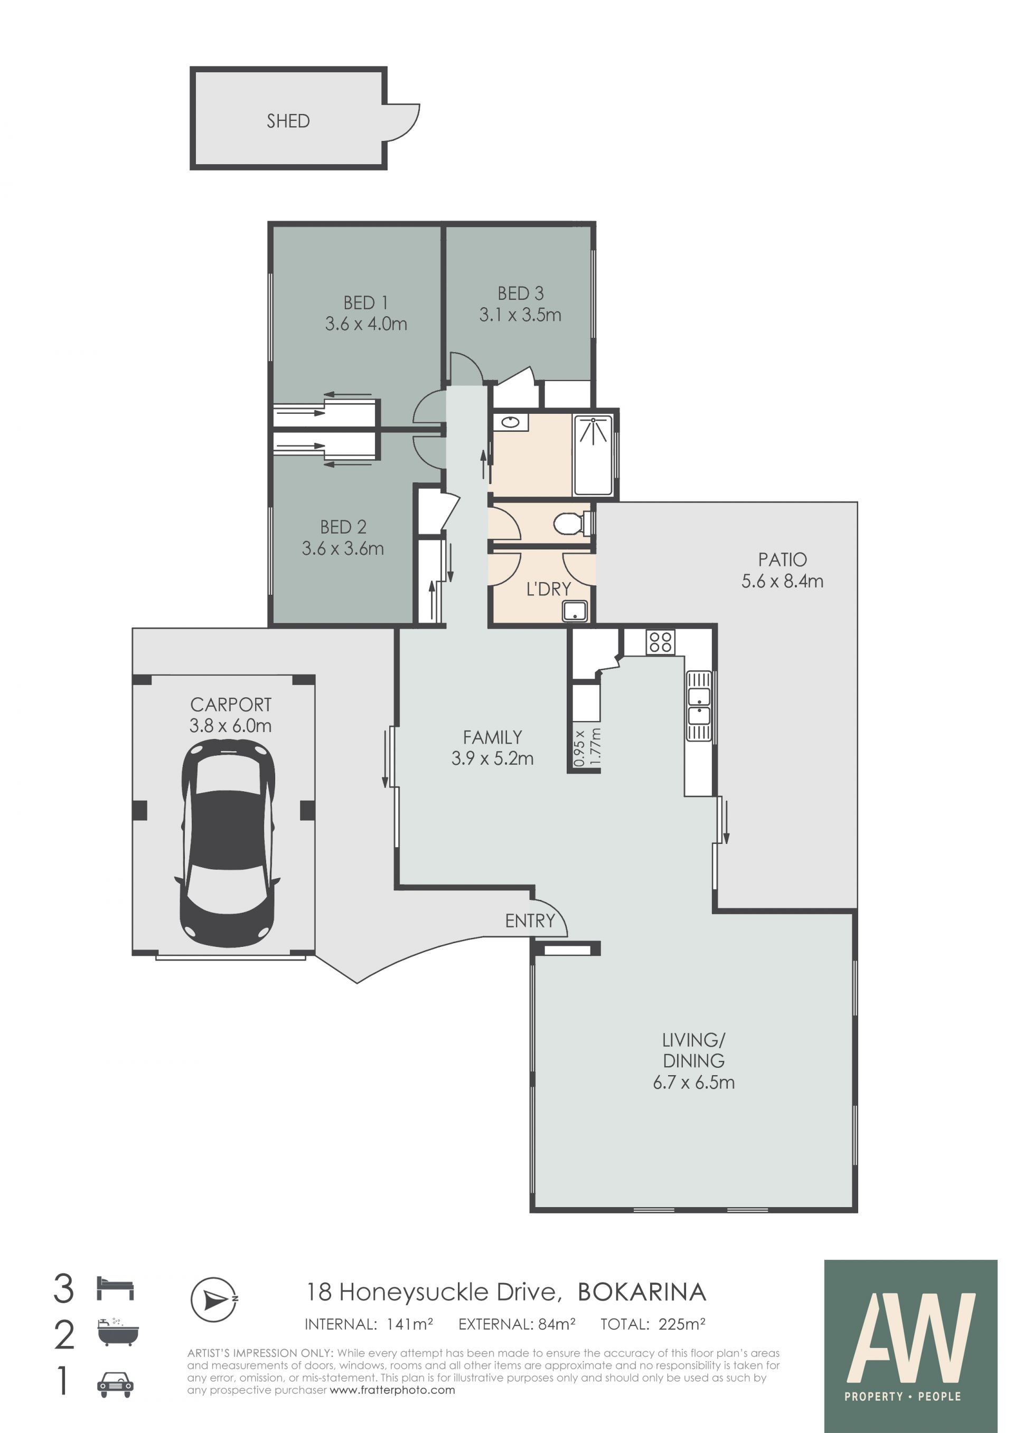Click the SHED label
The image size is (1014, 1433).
click(288, 121)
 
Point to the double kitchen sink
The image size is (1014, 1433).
click(699, 705)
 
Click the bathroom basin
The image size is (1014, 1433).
click(511, 423)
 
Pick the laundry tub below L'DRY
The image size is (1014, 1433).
click(575, 611)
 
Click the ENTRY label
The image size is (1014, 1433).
click(530, 920)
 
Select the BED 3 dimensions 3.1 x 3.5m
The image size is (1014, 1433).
click(520, 315)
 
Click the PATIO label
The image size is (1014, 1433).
click(782, 559)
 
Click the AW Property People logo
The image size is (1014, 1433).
click(910, 1346)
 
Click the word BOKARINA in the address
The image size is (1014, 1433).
click(641, 1292)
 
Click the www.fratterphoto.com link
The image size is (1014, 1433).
click(392, 1390)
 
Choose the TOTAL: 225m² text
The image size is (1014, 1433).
click(652, 1324)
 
